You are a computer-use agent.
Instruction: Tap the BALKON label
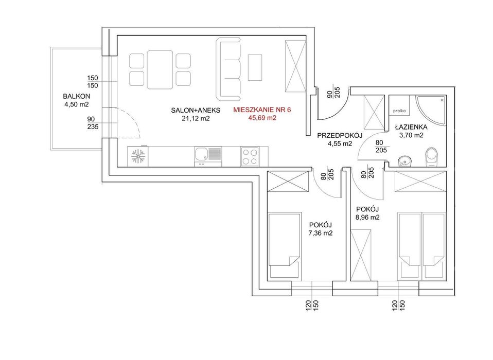[x=76, y=96]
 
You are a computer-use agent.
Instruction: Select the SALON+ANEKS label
[x=196, y=110]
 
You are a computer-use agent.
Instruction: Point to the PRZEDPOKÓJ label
[x=340, y=136]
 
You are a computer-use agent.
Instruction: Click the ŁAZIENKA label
[x=411, y=127]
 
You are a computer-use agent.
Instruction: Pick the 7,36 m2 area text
[x=321, y=233]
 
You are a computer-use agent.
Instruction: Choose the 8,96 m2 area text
[x=367, y=217]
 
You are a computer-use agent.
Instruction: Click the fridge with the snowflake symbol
[x=138, y=156]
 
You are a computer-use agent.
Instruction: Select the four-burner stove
[x=250, y=156]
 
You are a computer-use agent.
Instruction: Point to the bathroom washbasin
[x=404, y=161]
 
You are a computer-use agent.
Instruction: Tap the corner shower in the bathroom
[x=431, y=111]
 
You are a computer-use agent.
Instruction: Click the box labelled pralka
[x=399, y=111]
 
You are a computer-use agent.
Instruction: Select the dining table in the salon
[x=160, y=69]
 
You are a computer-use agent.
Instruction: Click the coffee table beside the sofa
[x=255, y=67]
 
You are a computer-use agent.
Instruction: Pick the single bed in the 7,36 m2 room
[x=284, y=245]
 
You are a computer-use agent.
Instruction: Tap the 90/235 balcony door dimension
[x=93, y=123]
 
